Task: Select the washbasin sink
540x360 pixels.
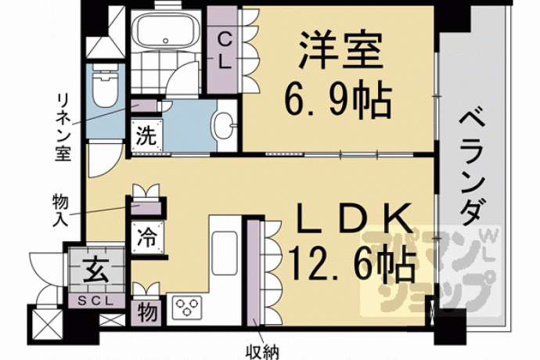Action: point(223,125)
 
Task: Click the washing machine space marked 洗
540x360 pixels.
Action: point(146,135)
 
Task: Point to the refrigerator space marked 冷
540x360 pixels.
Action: point(147,238)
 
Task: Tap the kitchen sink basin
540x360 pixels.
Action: point(224,254)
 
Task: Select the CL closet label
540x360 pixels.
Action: point(224,51)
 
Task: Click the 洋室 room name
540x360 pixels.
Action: point(340,49)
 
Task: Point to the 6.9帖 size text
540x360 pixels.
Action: point(338,100)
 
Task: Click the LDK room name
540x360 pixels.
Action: point(355,219)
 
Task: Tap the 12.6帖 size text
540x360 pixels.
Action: point(352,263)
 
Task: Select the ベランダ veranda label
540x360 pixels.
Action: point(471,166)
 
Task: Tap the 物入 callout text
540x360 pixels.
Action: point(60,211)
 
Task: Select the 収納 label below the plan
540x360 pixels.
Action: point(262,351)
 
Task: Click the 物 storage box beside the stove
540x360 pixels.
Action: point(147,313)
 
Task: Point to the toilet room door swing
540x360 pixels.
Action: point(105,159)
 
